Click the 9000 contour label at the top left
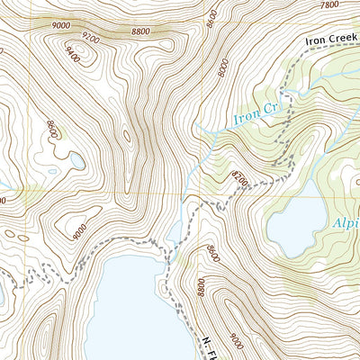click(x=62, y=25)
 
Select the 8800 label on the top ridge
click(x=139, y=31)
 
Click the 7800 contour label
click(x=329, y=5)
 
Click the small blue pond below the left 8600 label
click(x=76, y=161)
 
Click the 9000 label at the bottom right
click(x=236, y=343)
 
